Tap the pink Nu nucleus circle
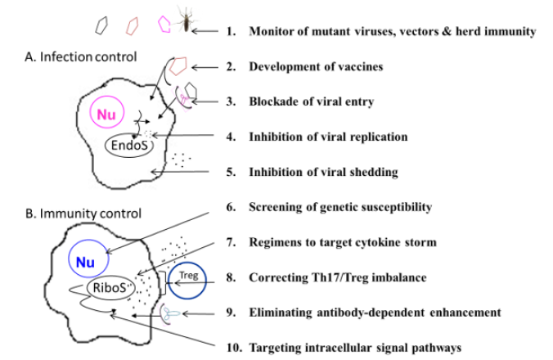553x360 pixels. (106, 115)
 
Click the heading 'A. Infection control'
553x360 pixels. (89, 56)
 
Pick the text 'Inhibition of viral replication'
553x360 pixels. (328, 137)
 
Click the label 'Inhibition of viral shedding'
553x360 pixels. (323, 172)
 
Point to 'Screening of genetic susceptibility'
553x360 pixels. (339, 207)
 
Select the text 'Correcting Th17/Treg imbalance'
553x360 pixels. (337, 277)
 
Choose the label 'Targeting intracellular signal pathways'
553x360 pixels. (354, 347)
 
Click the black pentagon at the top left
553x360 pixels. (102, 25)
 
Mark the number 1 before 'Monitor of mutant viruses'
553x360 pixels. (231, 31)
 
